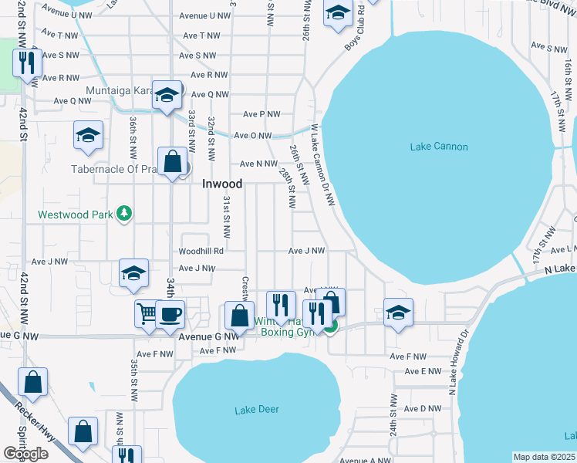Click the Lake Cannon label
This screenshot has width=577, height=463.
pyautogui.click(x=439, y=147)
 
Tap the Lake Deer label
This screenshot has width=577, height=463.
pyautogui.click(x=257, y=409)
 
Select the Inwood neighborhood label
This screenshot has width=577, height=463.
pyautogui.click(x=222, y=184)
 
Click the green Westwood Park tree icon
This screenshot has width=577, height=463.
pyautogui.click(x=123, y=214)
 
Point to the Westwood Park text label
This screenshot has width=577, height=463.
pyautogui.click(x=76, y=214)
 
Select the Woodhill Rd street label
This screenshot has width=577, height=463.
pyautogui.click(x=201, y=251)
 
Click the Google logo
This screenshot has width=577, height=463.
pyautogui.click(x=25, y=454)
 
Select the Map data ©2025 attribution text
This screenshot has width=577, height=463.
pyautogui.click(x=544, y=457)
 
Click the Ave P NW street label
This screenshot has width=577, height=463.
pyautogui.click(x=262, y=114)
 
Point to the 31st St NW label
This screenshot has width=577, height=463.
pyautogui.click(x=227, y=216)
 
